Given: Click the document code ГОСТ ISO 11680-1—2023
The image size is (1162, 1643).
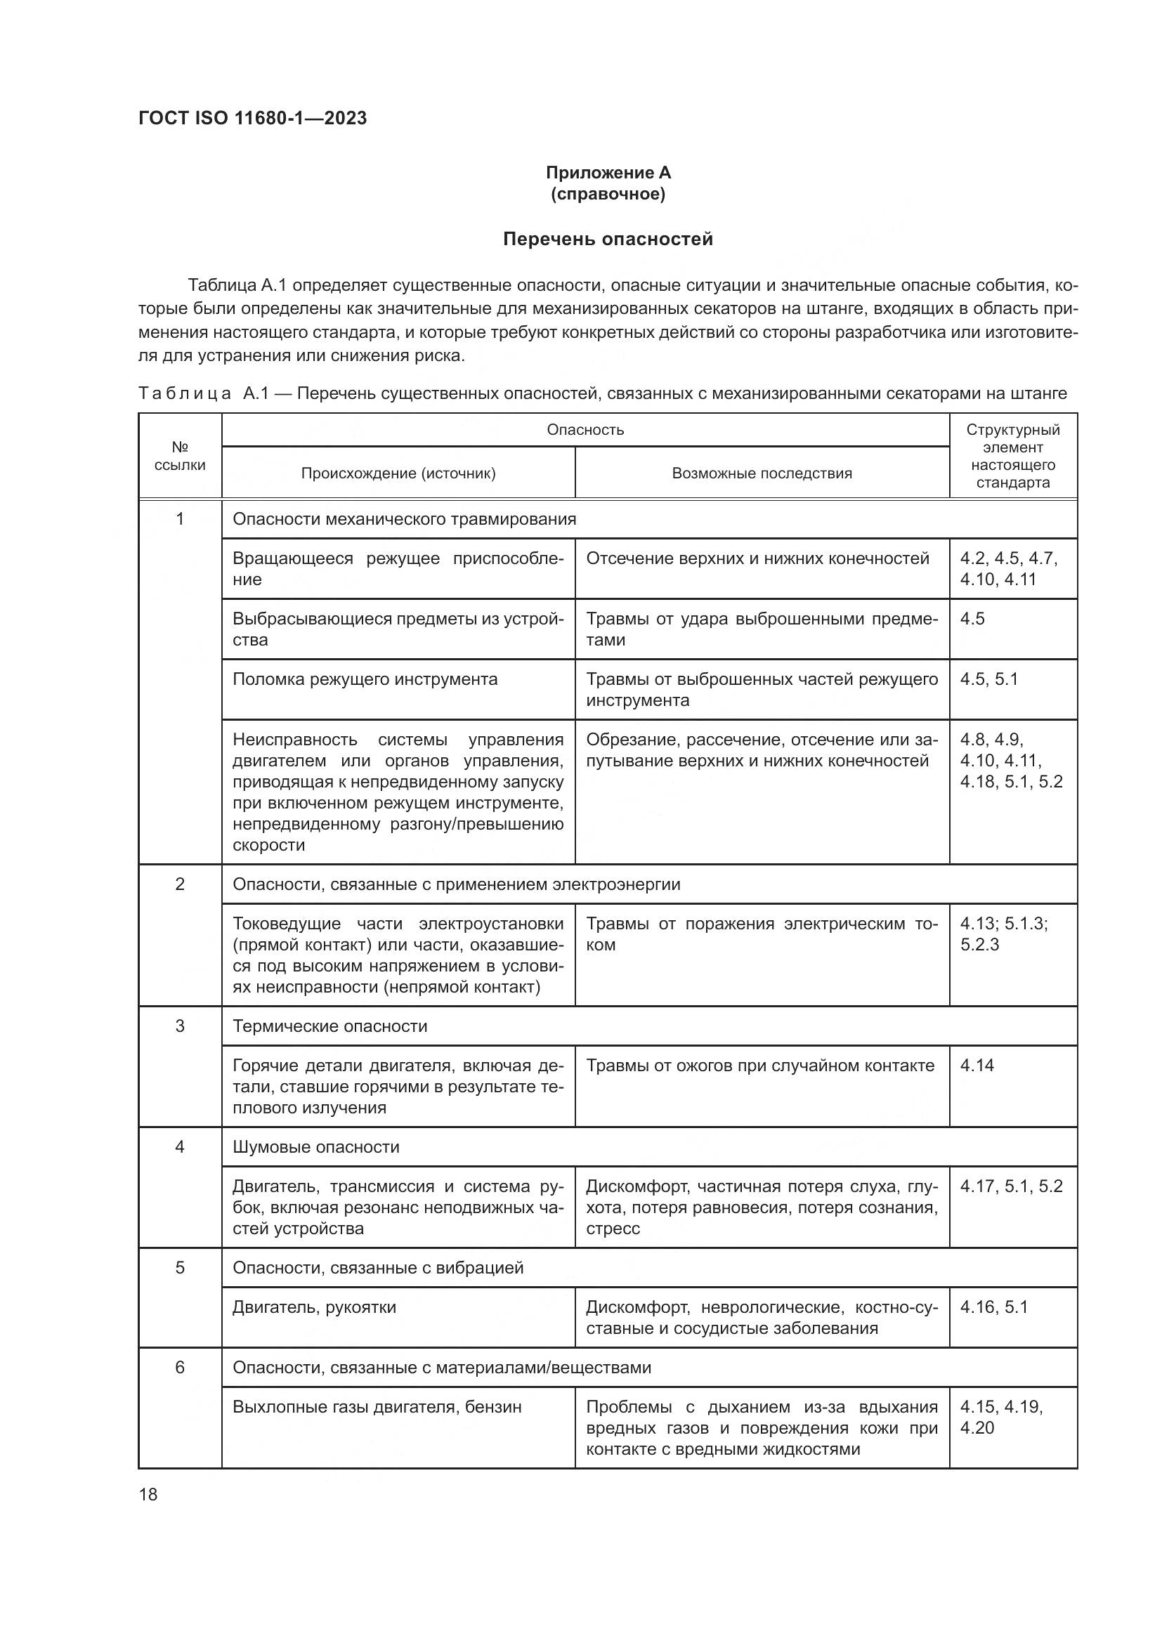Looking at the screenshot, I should tap(253, 118).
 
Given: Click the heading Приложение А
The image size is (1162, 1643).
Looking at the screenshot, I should tap(608, 173).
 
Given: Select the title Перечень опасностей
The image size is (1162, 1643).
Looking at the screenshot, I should tap(608, 239).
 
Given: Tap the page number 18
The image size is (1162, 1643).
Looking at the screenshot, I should tap(148, 1494).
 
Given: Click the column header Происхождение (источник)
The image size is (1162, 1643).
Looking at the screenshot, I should tap(398, 473).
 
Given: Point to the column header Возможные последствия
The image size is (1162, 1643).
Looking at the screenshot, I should tap(762, 473).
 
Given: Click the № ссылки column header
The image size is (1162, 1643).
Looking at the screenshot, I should tap(180, 456).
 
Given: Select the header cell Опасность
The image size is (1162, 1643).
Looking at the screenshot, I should tap(585, 429).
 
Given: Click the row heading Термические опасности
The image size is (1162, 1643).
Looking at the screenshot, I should tap(330, 1026).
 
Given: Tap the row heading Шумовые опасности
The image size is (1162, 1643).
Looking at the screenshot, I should tap(316, 1147).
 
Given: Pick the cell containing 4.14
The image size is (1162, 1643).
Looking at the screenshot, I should tap(977, 1066).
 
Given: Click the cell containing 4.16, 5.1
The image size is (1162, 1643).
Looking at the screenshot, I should tap(994, 1307).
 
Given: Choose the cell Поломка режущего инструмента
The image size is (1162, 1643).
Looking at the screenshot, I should tap(365, 679).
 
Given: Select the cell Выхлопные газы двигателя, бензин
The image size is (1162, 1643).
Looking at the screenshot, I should tap(377, 1407).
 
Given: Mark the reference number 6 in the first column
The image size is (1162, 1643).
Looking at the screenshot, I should tap(180, 1368).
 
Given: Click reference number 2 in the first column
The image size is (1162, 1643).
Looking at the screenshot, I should tap(180, 884).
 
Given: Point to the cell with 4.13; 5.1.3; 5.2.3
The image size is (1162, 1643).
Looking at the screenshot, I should tap(1004, 934).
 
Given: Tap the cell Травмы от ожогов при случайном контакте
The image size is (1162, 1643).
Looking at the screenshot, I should tap(760, 1066).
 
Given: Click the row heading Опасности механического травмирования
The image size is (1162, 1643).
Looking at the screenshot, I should tap(404, 519).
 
